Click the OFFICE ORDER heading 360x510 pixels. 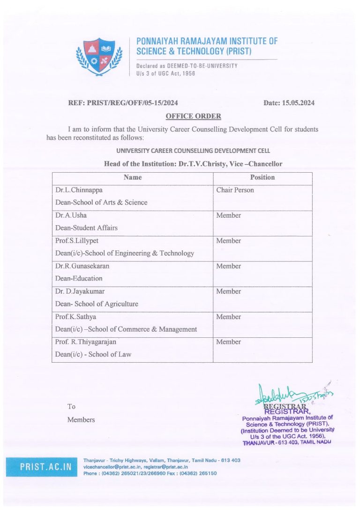[193, 116]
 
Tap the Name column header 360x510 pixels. [132, 177]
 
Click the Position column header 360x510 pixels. [262, 177]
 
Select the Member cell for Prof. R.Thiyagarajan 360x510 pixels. [228, 342]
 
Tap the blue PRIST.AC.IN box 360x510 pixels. [42, 467]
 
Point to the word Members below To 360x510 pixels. [81, 419]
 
